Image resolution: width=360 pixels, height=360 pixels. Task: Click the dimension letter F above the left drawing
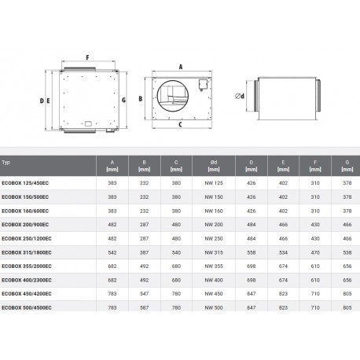tap(88, 57)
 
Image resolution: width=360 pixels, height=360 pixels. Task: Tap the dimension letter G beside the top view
tap(123, 100)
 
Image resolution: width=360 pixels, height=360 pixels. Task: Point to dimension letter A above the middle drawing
tap(181, 67)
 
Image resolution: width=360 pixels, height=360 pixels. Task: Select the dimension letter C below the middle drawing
tap(180, 124)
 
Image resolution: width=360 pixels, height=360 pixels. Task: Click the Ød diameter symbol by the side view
tap(240, 96)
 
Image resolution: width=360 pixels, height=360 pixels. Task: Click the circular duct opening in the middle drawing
tap(172, 96)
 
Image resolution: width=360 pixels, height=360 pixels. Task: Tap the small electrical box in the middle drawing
tap(203, 84)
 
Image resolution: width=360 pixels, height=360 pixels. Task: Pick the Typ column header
tap(6, 163)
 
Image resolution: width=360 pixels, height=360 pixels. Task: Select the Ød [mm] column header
tap(214, 166)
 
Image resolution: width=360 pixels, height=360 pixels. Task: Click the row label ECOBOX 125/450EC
tap(25, 183)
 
